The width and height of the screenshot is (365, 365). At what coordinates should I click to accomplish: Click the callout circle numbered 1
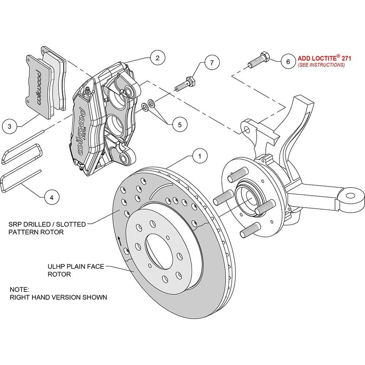coord(200,156)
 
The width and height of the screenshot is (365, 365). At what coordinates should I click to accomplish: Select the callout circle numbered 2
coord(157,58)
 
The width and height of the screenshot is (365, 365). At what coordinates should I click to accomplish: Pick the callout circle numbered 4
coord(52,197)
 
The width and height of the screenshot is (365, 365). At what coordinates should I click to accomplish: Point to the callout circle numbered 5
coord(179,124)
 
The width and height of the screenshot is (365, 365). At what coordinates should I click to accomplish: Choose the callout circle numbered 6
coord(287,61)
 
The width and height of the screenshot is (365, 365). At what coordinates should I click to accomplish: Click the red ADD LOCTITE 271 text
coord(324,59)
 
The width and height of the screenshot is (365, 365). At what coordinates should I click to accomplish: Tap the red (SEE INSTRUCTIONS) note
coord(321,65)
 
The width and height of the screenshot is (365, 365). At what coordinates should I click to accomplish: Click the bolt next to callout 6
coord(259,61)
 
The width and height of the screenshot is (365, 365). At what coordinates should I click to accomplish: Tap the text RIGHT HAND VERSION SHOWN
coord(58,297)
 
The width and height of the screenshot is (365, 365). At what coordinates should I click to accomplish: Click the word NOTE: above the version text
coord(19,289)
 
